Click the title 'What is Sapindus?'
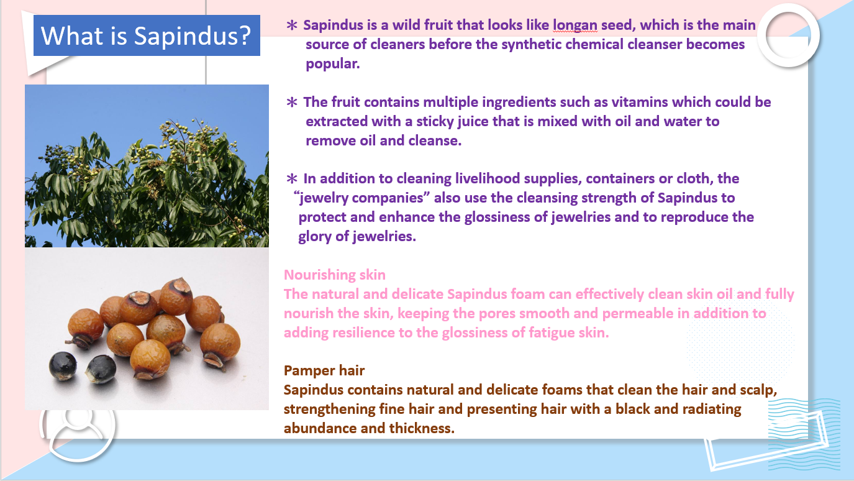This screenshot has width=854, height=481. (146, 35)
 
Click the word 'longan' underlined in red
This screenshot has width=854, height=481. (575, 25)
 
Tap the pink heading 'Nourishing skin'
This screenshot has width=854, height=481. (335, 275)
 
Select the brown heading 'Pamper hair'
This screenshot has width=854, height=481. (324, 370)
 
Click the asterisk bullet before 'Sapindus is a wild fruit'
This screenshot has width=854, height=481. (292, 25)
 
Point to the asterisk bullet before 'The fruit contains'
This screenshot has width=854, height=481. (292, 102)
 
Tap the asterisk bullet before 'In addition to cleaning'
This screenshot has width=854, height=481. (292, 178)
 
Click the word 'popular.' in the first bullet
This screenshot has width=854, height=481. (333, 64)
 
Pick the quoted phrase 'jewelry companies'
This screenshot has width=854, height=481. (362, 198)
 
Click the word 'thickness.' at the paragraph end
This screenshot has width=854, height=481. (422, 428)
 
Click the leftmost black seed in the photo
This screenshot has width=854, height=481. (63, 366)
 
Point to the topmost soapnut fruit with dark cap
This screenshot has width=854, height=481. (176, 296)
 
